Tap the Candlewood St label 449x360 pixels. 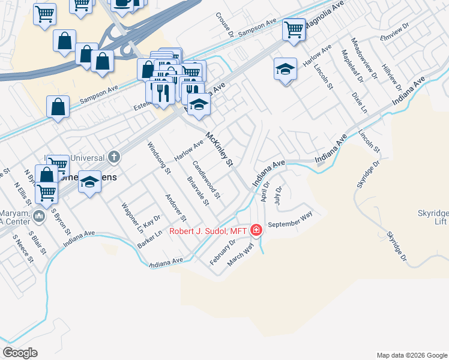click(x=206, y=179)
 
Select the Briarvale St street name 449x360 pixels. click(x=197, y=191)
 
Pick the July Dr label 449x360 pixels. click(x=277, y=196)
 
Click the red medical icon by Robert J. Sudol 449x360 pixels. click(x=256, y=230)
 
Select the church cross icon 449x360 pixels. click(x=114, y=158)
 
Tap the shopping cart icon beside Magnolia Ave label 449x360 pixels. click(x=294, y=28)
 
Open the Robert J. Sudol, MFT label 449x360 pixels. click(x=208, y=230)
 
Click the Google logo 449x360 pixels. click(x=20, y=353)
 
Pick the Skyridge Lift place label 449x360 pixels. click(x=432, y=218)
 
